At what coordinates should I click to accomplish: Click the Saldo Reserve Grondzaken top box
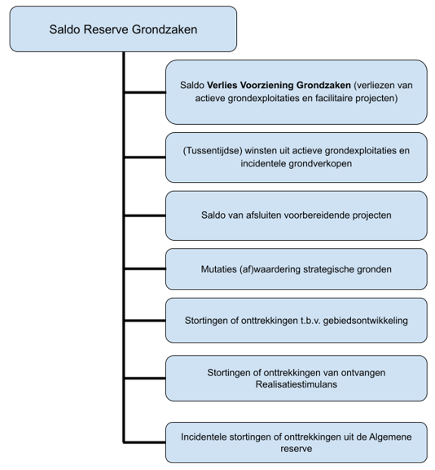coord(123,29)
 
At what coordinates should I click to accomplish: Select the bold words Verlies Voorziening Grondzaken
coord(279,86)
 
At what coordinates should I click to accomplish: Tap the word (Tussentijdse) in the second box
coord(213,150)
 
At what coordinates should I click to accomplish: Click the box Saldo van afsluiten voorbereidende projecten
coord(297,215)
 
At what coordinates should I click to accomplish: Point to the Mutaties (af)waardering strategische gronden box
coord(297,269)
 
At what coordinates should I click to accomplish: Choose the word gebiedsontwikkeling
coord(365,321)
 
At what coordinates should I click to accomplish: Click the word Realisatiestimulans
coord(297,384)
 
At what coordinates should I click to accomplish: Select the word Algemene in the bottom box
coord(390,437)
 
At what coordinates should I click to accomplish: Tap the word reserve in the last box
coord(297,449)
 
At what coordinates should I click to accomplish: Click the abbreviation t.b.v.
coord(310,321)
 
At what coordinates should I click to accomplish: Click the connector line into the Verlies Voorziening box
coord(144,92)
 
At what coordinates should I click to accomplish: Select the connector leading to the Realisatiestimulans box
coord(144,379)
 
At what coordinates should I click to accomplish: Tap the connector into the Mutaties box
coord(144,269)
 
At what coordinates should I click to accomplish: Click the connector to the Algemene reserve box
coord(144,442)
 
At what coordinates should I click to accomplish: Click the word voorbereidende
coord(317,215)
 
